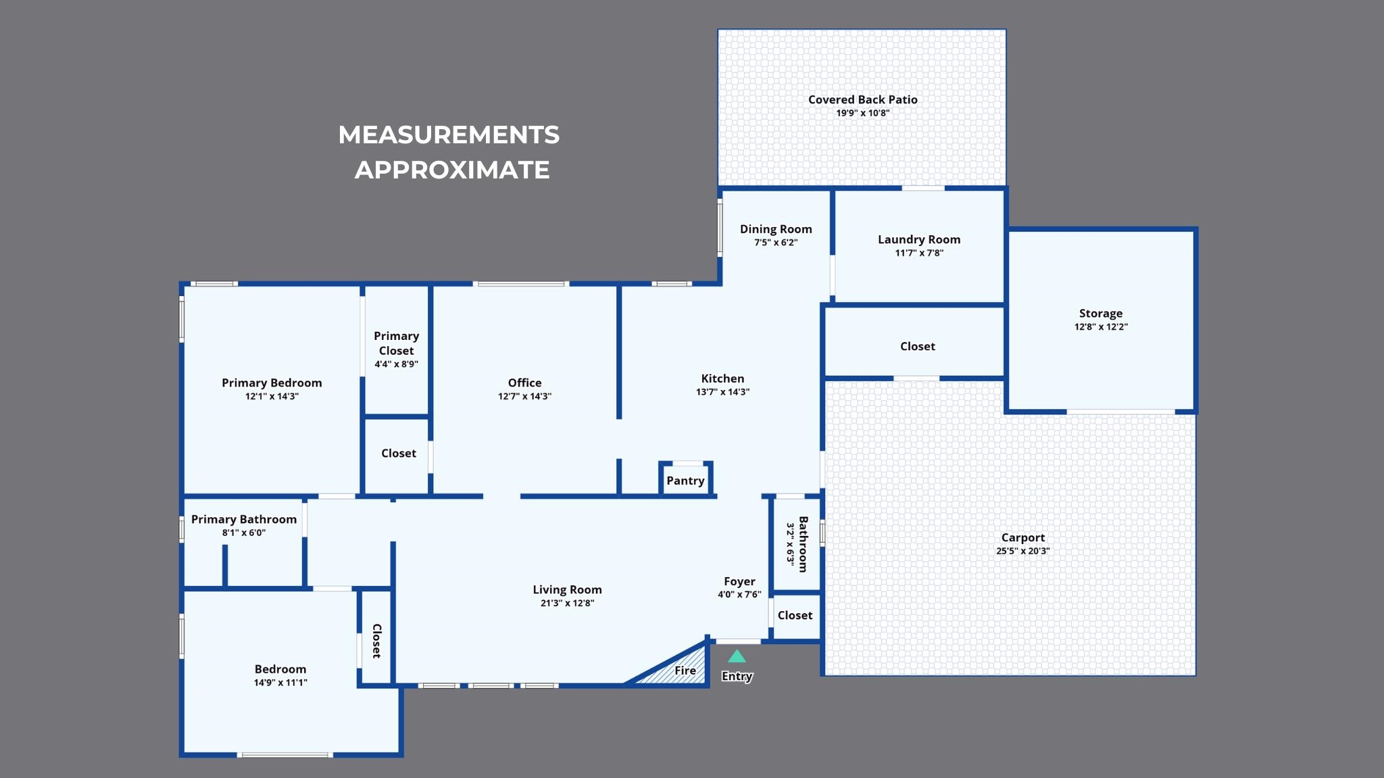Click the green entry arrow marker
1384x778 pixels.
[x=737, y=656]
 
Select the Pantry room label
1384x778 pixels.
[x=685, y=481]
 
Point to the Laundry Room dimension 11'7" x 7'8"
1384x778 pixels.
[x=919, y=253]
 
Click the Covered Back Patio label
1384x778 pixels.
[x=863, y=99]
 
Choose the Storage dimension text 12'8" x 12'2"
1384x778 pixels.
[x=1101, y=326]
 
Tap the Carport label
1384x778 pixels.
[x=1023, y=537]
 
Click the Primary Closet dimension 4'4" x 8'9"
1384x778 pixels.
[x=397, y=364]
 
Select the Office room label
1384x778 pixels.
[x=524, y=383]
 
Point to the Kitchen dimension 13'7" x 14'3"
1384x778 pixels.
[x=723, y=392]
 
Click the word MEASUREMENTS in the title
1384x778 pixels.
[x=449, y=135]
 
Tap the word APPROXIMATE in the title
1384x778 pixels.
[x=452, y=170]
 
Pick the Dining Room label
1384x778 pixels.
[x=776, y=229]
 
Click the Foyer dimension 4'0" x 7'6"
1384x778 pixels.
[x=739, y=595]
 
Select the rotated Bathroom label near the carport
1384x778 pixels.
[x=804, y=544]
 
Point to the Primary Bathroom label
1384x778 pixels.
[x=244, y=519]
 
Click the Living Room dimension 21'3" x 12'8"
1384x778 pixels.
[x=567, y=603]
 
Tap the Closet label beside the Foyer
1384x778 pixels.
[x=795, y=615]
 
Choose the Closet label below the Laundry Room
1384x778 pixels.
[x=918, y=346]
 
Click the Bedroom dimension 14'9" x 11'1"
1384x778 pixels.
[x=280, y=683]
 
